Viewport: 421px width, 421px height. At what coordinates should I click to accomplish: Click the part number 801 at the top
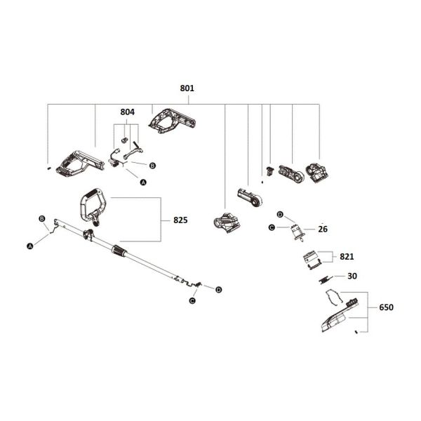pyautogui.click(x=187, y=89)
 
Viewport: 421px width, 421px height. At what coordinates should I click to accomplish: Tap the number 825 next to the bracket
pyautogui.click(x=180, y=220)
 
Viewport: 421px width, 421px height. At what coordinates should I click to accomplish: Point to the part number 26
pyautogui.click(x=323, y=229)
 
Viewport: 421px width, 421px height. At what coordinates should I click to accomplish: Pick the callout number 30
pyautogui.click(x=352, y=276)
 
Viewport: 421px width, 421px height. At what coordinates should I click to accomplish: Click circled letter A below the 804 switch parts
pyautogui.click(x=144, y=182)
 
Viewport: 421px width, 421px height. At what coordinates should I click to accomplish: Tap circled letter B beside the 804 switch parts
pyautogui.click(x=152, y=164)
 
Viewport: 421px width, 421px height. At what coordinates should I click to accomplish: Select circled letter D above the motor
pyautogui.click(x=279, y=214)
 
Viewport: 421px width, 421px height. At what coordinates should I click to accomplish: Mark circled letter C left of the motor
pyautogui.click(x=271, y=227)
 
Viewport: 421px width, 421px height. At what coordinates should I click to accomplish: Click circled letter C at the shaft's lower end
pyautogui.click(x=192, y=300)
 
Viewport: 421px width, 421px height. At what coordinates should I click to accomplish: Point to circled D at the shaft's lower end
pyautogui.click(x=219, y=289)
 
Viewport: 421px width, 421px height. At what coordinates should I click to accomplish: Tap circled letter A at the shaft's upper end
pyautogui.click(x=30, y=246)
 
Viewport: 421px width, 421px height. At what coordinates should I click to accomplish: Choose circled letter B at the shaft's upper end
pyautogui.click(x=43, y=219)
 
